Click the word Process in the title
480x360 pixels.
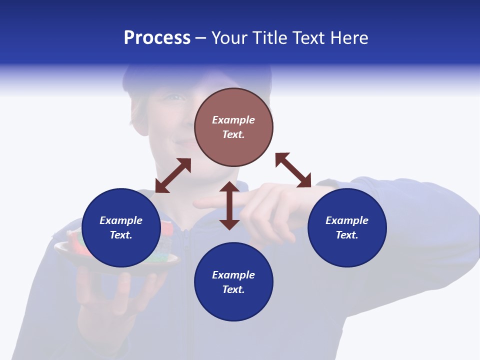pyautogui.click(x=157, y=38)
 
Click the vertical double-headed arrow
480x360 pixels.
pyautogui.click(x=229, y=205)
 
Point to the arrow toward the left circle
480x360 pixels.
pyautogui.click(x=173, y=175)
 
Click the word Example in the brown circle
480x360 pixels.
pyautogui.click(x=233, y=120)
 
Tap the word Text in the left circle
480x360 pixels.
pyautogui.click(x=121, y=235)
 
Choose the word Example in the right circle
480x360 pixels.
pyautogui.click(x=347, y=220)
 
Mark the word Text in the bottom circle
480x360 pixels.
pyautogui.click(x=233, y=289)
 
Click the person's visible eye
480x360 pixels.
pyautogui.click(x=175, y=97)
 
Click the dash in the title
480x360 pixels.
pyautogui.click(x=200, y=38)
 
